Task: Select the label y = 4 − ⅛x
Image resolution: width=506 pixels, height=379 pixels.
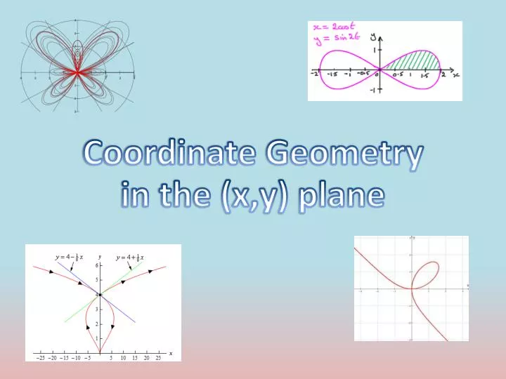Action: point(69,257)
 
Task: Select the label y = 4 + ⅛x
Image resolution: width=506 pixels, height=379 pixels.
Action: point(130,258)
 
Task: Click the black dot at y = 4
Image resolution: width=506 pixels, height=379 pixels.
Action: point(100,295)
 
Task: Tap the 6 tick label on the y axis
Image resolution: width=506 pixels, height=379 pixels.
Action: point(96,265)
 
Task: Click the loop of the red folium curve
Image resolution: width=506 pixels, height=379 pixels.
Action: point(427,273)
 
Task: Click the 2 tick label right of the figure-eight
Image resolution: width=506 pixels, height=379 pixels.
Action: point(443,74)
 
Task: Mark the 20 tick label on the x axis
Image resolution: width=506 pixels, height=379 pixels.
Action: point(146,358)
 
